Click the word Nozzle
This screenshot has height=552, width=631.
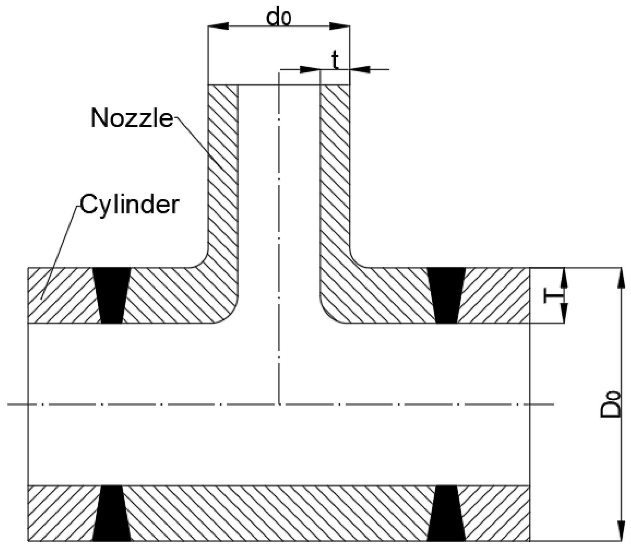pos(132,118)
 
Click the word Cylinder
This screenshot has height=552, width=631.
pos(130,204)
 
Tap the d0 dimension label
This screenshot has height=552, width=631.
pos(278,18)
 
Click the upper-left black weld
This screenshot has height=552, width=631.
pos(112,295)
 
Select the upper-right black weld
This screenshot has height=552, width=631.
pos(446,295)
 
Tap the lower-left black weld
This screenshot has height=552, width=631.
pos(112,513)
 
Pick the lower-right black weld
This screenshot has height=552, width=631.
pos(446,513)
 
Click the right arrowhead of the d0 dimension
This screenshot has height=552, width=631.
pos(340,26)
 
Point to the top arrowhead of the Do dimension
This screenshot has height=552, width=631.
pos(621,277)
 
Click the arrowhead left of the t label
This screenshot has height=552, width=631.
pos(309,69)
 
